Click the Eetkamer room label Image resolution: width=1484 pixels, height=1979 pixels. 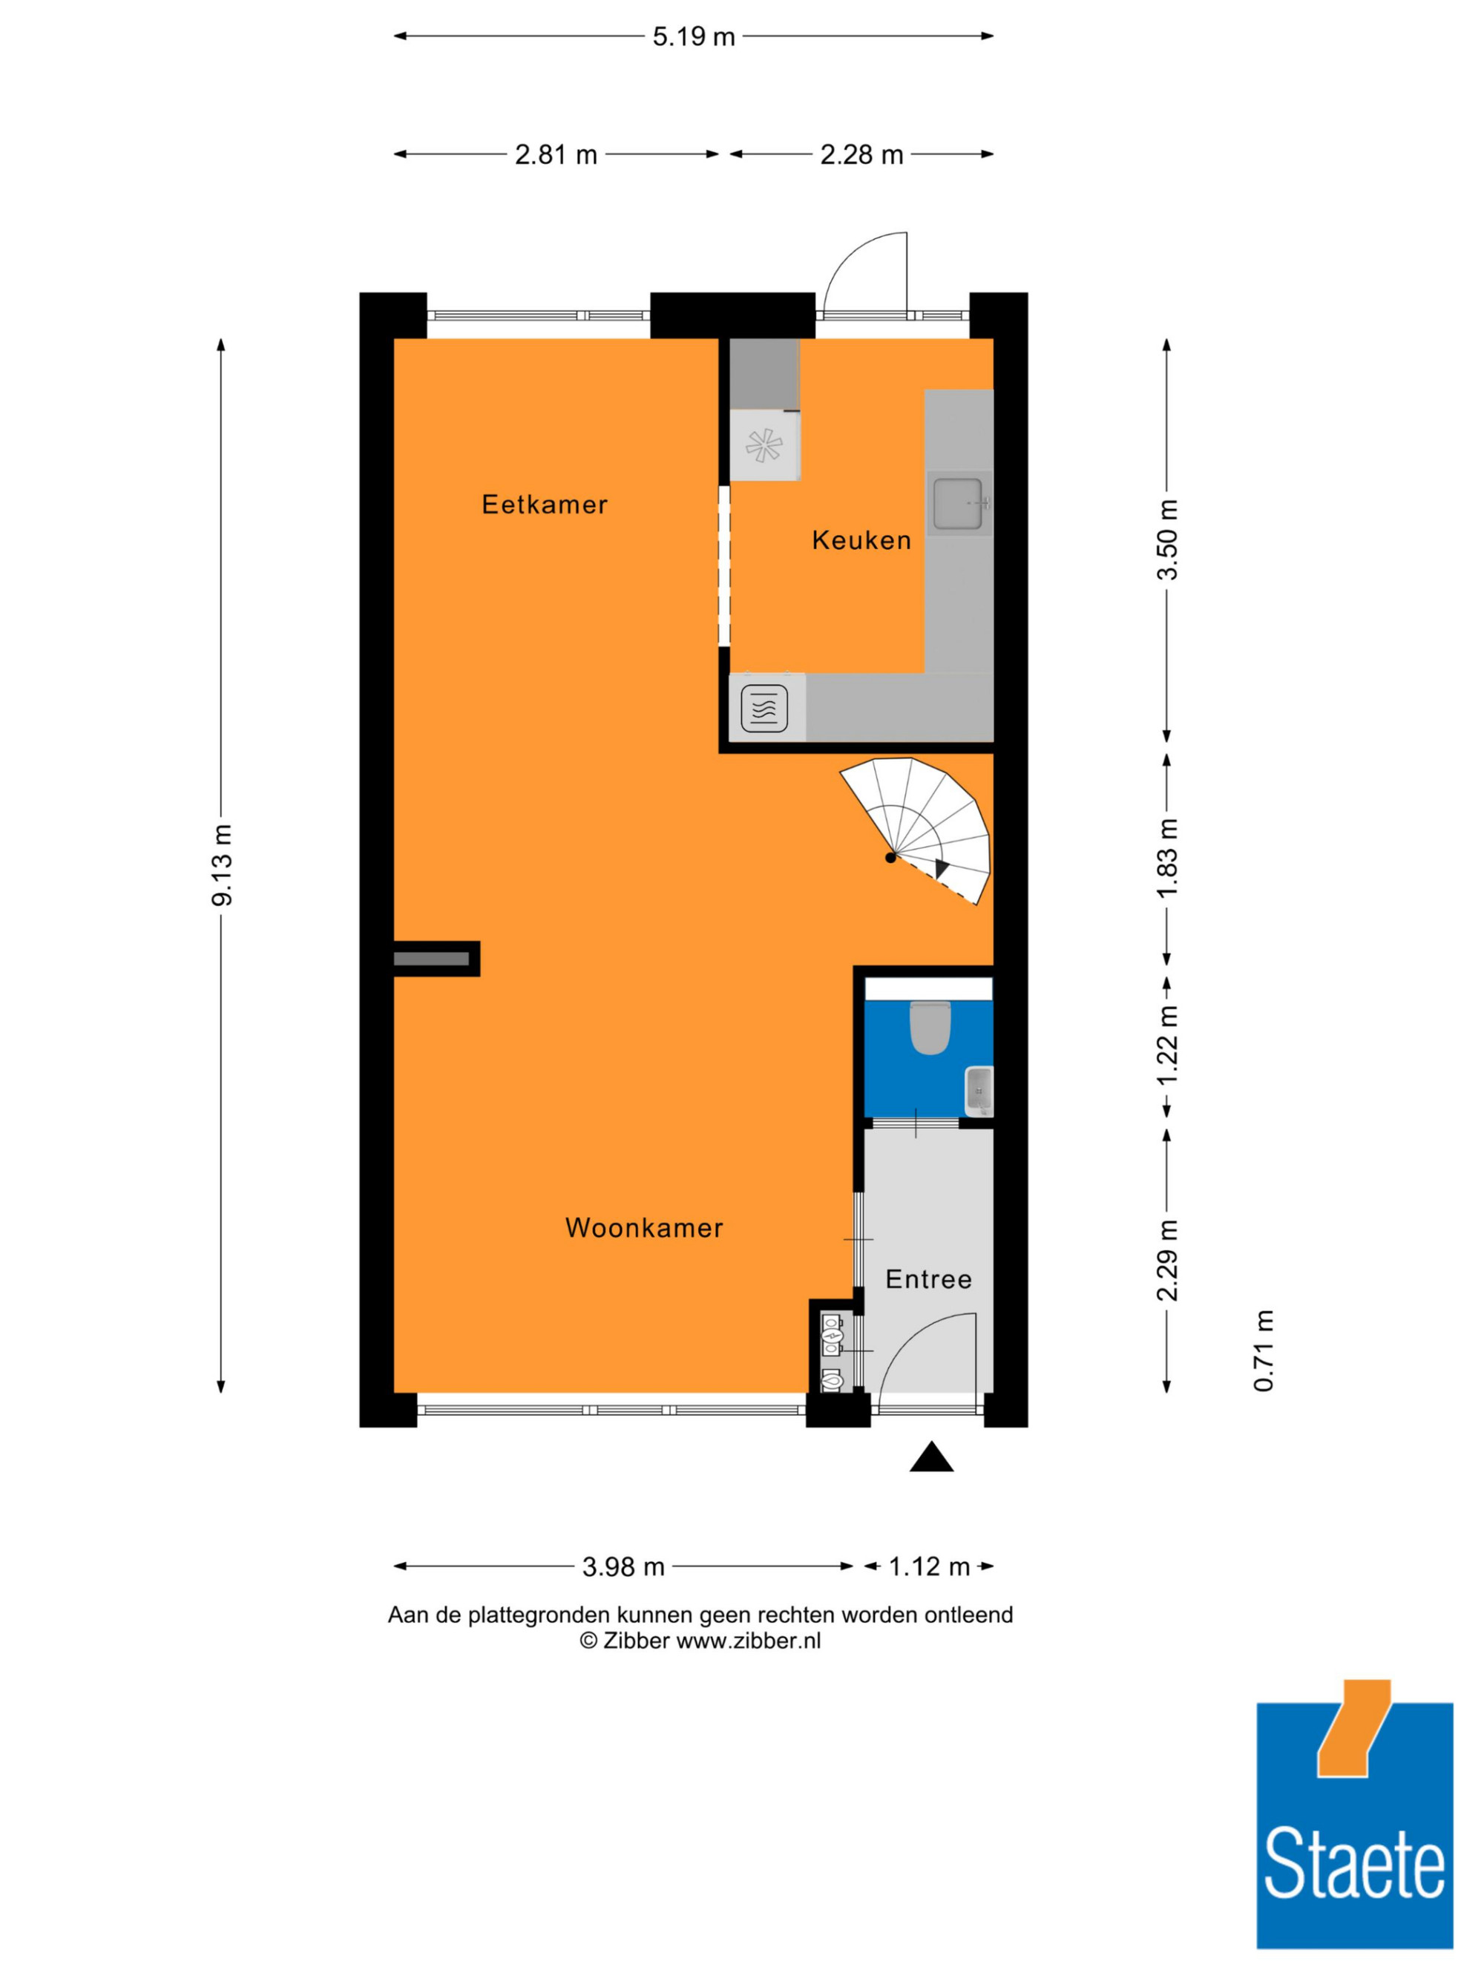coord(544,505)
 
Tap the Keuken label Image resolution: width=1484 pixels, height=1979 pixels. coord(861,540)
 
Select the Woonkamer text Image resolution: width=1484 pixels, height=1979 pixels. coord(644,1227)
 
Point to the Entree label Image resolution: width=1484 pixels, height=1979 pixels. coord(928,1279)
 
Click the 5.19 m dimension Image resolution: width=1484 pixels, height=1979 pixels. coord(693,36)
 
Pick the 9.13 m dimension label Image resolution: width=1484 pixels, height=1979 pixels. coord(221,864)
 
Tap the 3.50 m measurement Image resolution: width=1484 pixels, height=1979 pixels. coord(1167,539)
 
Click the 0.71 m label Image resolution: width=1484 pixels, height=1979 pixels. coord(1263,1351)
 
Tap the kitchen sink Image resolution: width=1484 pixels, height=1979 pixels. coord(959,504)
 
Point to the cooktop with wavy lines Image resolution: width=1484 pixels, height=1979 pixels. coord(764,709)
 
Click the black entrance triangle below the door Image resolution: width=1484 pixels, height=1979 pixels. coord(931,1457)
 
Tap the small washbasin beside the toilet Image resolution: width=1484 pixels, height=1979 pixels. coord(979,1092)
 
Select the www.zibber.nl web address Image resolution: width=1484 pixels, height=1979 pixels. coord(748,1641)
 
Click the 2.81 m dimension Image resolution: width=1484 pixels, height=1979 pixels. coord(556,155)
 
